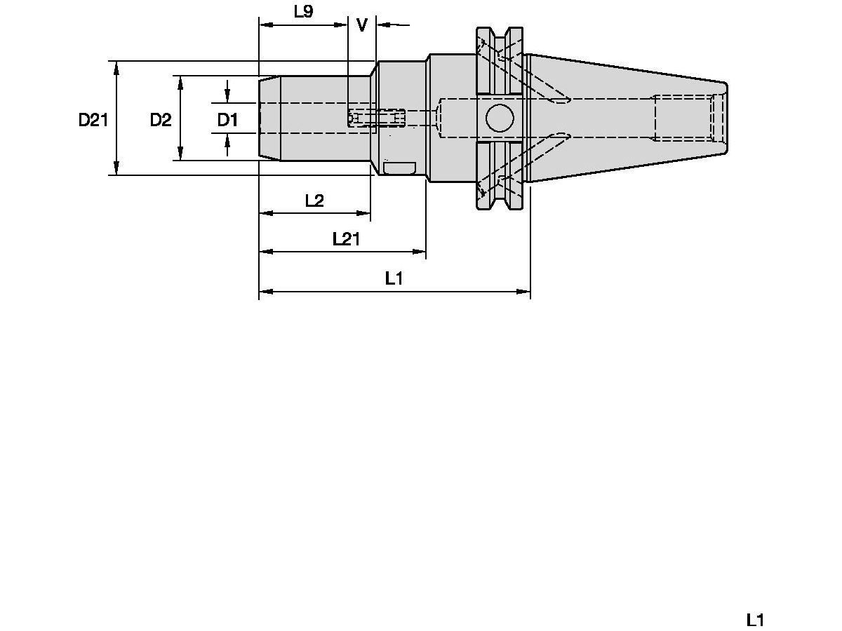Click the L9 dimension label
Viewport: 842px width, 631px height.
[303, 11]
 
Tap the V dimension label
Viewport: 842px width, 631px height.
[362, 25]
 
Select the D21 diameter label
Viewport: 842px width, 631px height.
[93, 120]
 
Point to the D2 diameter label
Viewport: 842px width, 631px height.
[161, 120]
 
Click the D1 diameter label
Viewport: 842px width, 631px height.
[227, 120]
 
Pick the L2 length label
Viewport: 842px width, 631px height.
[314, 201]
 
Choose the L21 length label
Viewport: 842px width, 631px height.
[346, 239]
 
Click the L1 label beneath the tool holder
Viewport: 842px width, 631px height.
[394, 278]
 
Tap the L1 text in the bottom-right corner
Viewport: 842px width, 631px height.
[755, 620]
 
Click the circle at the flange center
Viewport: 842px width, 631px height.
[499, 118]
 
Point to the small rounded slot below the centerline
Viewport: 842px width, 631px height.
[399, 169]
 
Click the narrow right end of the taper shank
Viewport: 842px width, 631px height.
[724, 118]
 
